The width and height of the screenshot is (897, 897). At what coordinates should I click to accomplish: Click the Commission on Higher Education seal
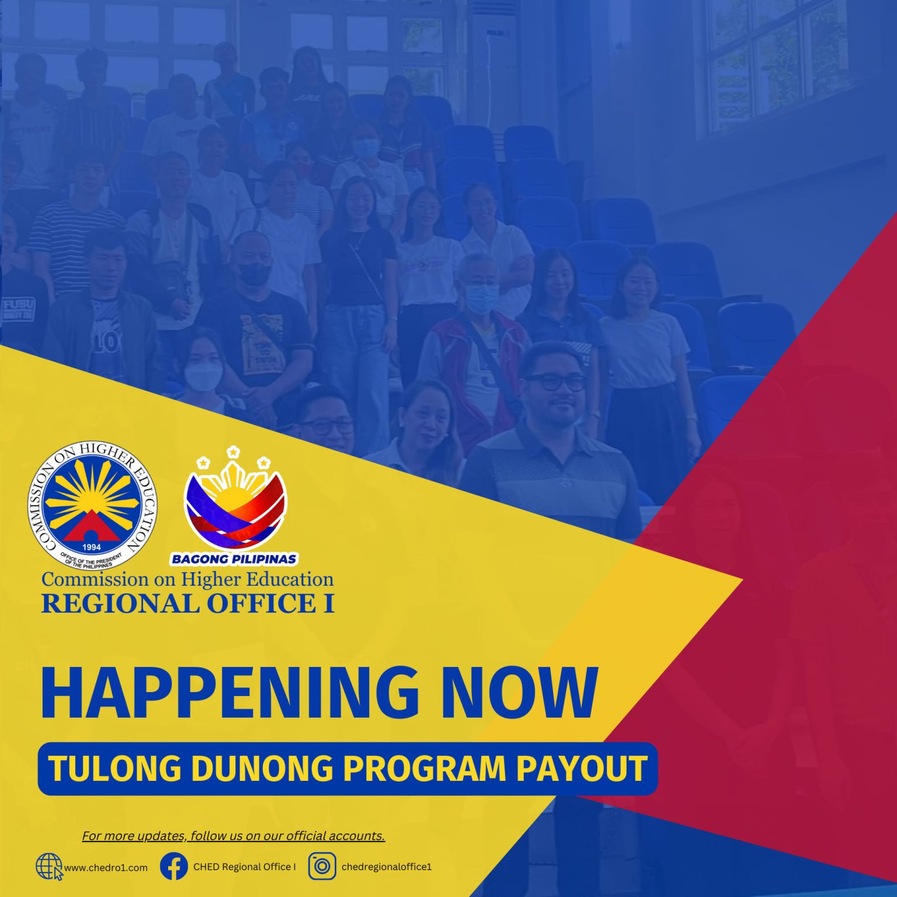pos(92,505)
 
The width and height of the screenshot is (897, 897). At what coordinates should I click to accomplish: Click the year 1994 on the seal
pos(92,547)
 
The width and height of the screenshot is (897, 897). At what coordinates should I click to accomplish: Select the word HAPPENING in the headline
pos(230,693)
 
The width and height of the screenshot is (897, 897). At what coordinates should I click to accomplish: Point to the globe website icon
pos(49,866)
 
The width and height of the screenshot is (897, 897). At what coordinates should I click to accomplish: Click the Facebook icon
pos(173,866)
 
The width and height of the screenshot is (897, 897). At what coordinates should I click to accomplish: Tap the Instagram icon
pos(322,866)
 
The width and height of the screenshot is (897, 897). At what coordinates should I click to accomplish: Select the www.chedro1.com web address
pos(106,868)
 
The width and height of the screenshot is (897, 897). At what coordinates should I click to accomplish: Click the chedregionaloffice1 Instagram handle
pos(387,867)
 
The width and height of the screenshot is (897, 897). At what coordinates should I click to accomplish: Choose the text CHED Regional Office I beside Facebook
pos(245,867)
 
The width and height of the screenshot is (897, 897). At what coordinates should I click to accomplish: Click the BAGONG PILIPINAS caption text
pos(234,559)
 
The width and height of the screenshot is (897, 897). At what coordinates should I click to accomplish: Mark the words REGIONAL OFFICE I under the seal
pos(187,603)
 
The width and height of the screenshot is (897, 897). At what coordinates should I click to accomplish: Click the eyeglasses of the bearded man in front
pos(555,383)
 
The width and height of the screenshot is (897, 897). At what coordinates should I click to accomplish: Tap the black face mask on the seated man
pos(254,274)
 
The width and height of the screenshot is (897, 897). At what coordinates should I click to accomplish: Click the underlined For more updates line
pos(234,836)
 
